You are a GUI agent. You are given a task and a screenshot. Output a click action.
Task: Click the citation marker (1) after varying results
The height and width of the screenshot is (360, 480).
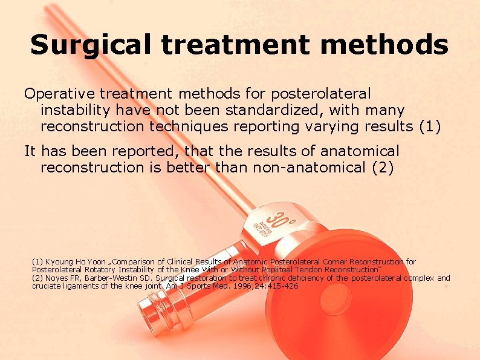coord(430,127)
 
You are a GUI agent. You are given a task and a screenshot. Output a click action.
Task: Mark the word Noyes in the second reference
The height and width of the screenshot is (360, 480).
coord(57,278)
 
